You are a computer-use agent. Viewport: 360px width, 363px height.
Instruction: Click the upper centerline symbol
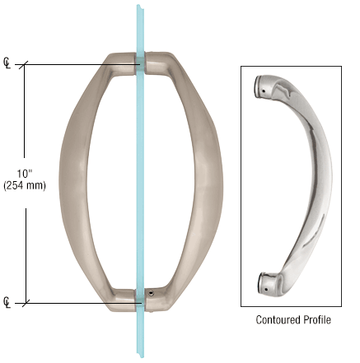tap(7, 63)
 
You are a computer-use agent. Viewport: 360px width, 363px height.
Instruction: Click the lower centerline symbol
tap(7, 302)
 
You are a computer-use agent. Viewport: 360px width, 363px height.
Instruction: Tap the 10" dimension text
tap(25, 174)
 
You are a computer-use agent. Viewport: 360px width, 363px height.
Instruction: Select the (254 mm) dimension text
tap(25, 186)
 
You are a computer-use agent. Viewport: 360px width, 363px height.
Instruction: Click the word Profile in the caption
tap(316, 319)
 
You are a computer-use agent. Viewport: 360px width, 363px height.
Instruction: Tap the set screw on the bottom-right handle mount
tap(151, 293)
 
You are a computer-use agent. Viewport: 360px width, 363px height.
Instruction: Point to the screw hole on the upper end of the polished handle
tap(264, 91)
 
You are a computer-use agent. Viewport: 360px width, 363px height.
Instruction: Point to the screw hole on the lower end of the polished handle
tap(265, 289)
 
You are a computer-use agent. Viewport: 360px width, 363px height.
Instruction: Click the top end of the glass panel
tap(140, 6)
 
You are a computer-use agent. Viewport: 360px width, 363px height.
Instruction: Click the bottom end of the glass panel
tap(140, 356)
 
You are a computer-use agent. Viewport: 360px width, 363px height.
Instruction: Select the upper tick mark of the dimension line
tap(24, 65)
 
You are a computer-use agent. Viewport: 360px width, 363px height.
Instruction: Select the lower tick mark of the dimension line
tap(26, 303)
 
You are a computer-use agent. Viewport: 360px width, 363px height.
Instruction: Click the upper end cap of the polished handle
tap(260, 86)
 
